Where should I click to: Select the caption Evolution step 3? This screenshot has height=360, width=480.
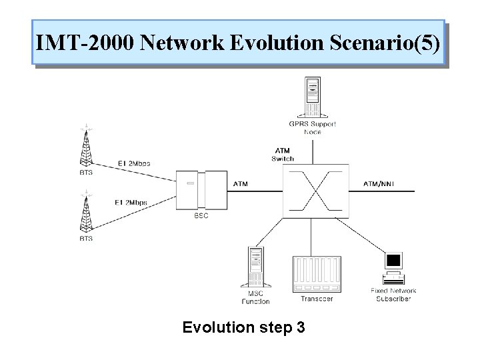click(x=243, y=327)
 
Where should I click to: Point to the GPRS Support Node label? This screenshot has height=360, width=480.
click(x=312, y=127)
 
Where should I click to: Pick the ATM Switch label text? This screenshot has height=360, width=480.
click(x=283, y=154)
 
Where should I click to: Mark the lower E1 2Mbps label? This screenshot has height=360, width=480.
click(x=131, y=202)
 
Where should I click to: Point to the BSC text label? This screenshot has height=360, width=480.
click(x=201, y=215)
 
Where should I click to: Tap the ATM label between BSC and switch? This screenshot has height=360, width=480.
click(x=241, y=183)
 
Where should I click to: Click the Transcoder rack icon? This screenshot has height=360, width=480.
click(x=317, y=273)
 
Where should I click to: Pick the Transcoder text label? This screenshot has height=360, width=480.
click(x=317, y=299)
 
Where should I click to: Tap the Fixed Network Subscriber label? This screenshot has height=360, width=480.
click(x=393, y=295)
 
